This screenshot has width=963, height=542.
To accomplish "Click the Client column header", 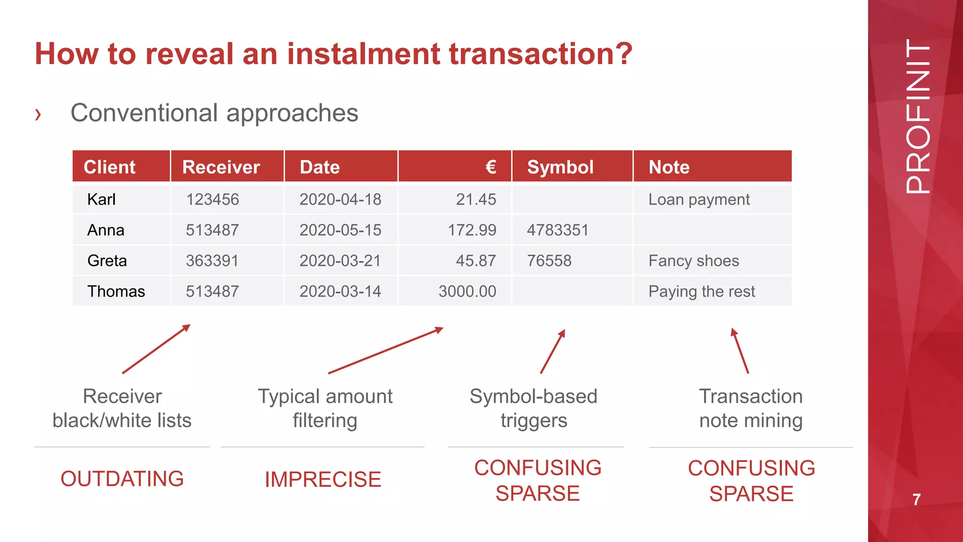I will [x=110, y=167].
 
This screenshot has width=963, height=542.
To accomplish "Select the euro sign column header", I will [x=490, y=167].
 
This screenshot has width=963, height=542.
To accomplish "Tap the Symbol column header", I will [x=560, y=167].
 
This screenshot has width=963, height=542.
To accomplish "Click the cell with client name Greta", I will [x=107, y=261].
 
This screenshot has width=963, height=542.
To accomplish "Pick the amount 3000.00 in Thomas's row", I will [x=467, y=291].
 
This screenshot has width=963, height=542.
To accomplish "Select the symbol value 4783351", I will [x=558, y=230].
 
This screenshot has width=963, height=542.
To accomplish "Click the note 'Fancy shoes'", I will [x=694, y=261].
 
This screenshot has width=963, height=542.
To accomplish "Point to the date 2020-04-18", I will [x=340, y=199].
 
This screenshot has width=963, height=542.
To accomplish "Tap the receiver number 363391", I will [x=212, y=261].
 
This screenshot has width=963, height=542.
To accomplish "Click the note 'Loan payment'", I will [x=699, y=199].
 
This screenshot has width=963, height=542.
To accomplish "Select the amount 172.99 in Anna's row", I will [x=472, y=230].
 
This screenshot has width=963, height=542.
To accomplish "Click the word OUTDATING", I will [x=122, y=479].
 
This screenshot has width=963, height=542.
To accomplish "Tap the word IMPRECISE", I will [x=323, y=479].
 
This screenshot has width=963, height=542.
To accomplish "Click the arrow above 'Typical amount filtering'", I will [x=386, y=351].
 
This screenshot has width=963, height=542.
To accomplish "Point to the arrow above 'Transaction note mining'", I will [x=740, y=351].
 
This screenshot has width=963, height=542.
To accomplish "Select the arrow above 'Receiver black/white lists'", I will [x=156, y=349].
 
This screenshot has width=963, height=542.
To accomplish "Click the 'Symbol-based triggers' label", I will [x=534, y=408].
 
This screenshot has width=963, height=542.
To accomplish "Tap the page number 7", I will [x=916, y=500].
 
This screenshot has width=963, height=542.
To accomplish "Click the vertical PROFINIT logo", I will [x=918, y=116].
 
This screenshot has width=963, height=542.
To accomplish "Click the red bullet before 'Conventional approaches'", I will [x=38, y=114].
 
